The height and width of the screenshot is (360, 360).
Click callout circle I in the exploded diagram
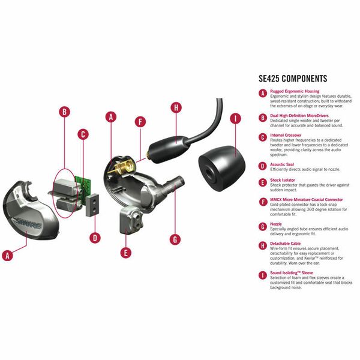coord(235,118)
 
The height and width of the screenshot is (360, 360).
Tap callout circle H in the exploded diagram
coord(176,107)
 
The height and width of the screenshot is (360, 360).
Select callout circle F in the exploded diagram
coord(141,122)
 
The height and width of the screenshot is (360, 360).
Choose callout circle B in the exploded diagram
coord(65,112)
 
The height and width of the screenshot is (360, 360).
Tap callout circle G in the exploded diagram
coord(175,239)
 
